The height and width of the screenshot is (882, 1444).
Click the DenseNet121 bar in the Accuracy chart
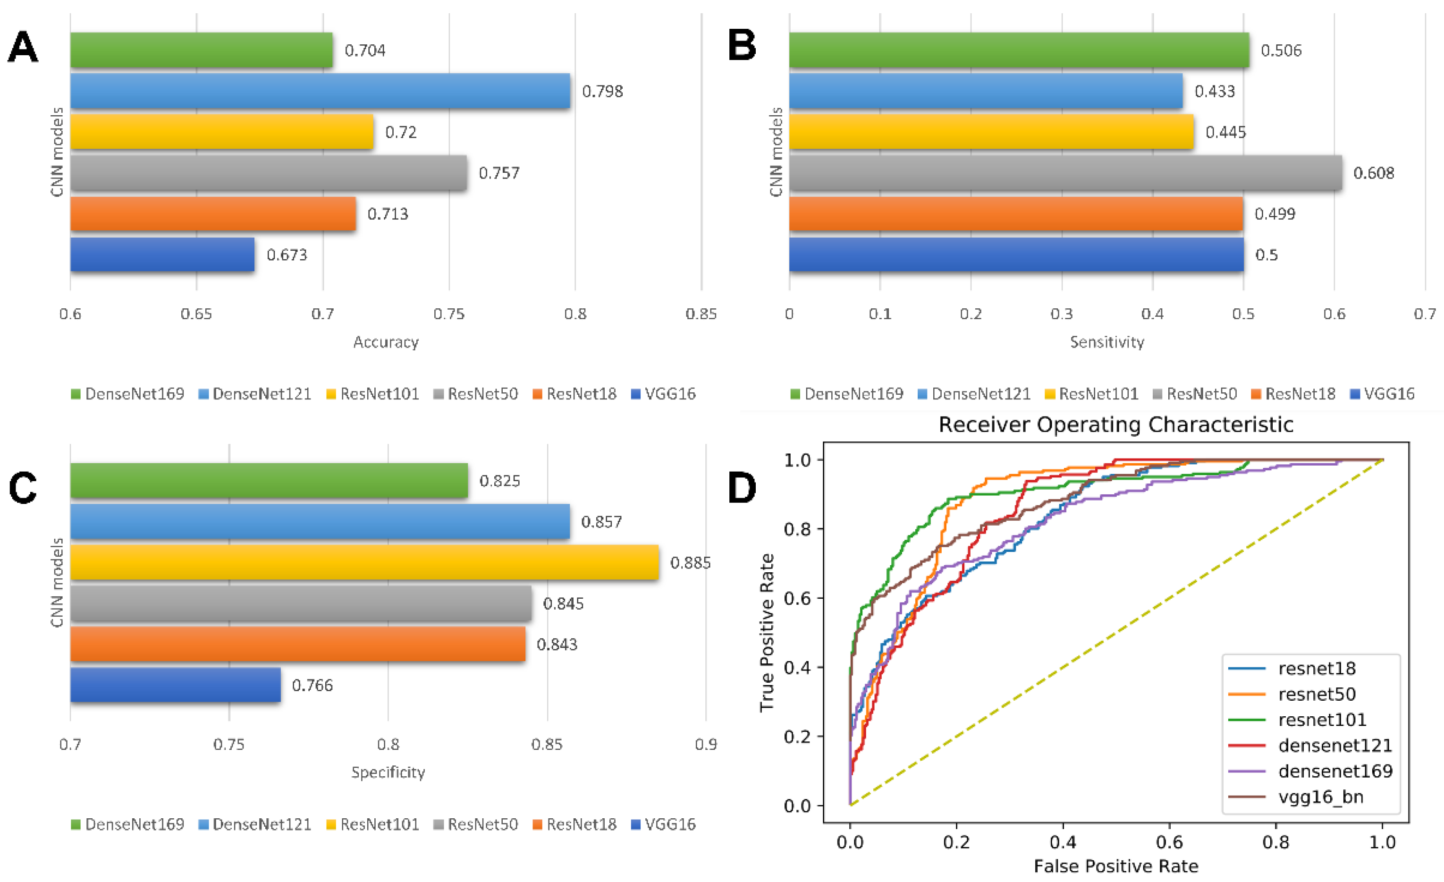click(x=320, y=91)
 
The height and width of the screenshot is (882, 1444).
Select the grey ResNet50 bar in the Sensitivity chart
click(x=1065, y=173)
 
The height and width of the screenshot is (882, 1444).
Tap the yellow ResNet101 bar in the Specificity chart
click(x=364, y=563)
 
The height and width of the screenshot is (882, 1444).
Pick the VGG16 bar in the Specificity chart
click(x=175, y=685)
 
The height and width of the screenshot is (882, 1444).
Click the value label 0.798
click(x=602, y=92)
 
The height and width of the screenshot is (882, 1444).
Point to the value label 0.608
click(x=1374, y=173)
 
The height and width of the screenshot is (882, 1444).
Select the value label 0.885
click(x=690, y=563)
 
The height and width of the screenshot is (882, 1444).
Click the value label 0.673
click(x=287, y=255)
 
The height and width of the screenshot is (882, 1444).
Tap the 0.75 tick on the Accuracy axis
click(x=449, y=314)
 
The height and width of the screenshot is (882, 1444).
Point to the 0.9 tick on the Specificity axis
click(x=706, y=744)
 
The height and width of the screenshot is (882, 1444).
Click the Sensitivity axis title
click(x=1107, y=342)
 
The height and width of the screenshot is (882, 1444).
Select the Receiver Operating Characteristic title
click(x=1116, y=424)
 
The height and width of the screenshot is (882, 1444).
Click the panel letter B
click(x=742, y=46)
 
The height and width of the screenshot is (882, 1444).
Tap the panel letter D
click(x=742, y=488)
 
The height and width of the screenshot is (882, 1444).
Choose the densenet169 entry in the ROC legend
click(x=1335, y=771)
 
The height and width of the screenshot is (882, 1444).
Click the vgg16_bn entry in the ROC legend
click(x=1320, y=797)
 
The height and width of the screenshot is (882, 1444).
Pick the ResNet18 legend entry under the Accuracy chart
click(x=581, y=394)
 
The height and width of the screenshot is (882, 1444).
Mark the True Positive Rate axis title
click(x=767, y=632)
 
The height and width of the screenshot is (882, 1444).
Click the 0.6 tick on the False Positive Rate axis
click(x=1170, y=842)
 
